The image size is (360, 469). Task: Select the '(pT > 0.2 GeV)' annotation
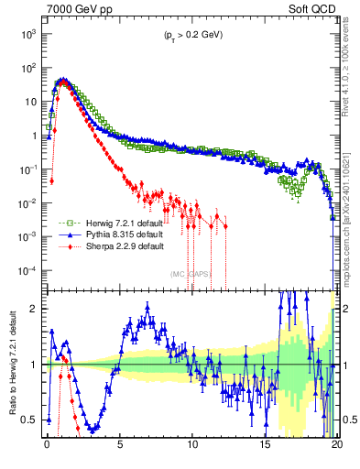pos(188,35)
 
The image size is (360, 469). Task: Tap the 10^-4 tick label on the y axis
pos(27,271)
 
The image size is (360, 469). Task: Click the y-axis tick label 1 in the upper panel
pos(34,136)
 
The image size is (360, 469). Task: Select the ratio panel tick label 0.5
pos(31,420)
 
